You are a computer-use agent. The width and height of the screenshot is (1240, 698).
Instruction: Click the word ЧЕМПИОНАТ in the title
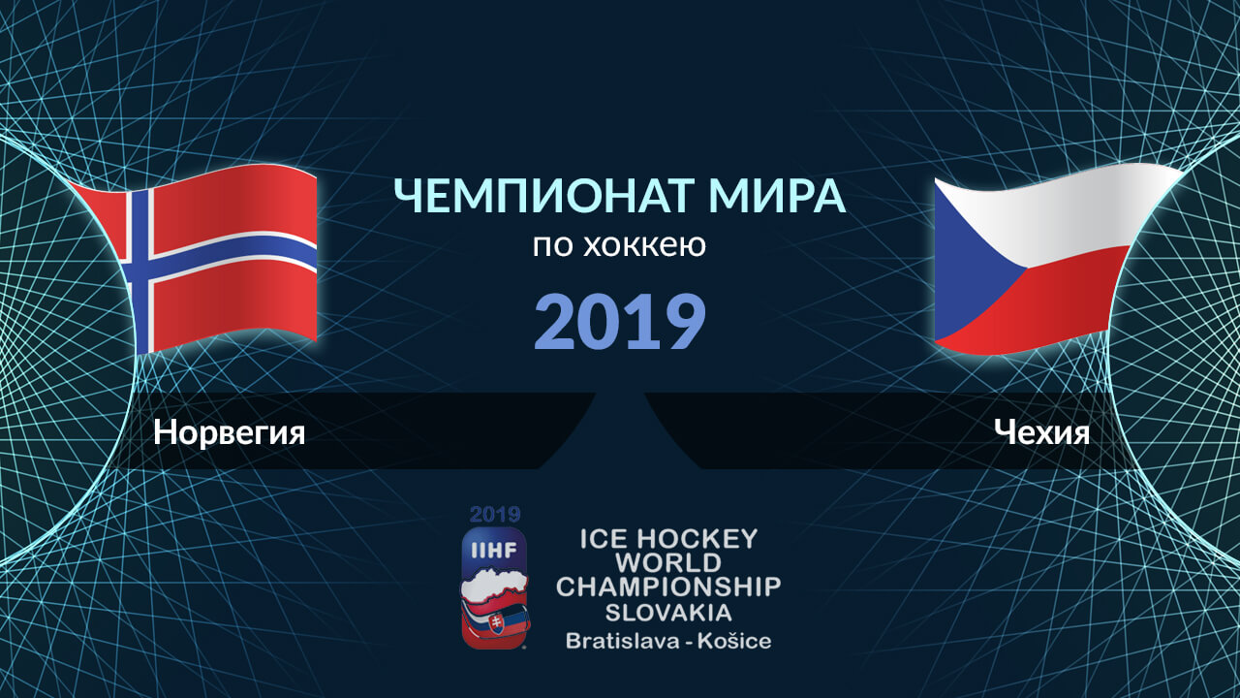(542, 196)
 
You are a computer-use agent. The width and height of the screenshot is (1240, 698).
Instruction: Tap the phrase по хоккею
(619, 245)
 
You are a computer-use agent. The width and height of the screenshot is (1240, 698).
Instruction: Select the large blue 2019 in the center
(619, 322)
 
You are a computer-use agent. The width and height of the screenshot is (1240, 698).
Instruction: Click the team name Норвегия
(230, 432)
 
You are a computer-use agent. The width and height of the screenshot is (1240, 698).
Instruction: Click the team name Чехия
(1041, 432)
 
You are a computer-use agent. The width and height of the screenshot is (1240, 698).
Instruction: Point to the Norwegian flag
(194, 258)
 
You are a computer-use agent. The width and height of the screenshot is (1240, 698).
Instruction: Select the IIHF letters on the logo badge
(494, 550)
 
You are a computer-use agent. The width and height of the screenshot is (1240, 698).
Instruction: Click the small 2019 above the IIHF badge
(495, 515)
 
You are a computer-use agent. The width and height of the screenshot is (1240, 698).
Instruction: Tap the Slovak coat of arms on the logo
(497, 623)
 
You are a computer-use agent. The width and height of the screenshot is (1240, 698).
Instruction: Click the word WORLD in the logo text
(668, 563)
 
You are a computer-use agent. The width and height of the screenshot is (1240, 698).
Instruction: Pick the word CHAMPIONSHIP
(668, 587)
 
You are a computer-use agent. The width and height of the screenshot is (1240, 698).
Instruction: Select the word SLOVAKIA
(668, 613)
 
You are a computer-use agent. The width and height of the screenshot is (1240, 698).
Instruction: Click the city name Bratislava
(622, 641)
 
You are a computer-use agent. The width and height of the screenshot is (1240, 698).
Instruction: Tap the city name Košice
(734, 641)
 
